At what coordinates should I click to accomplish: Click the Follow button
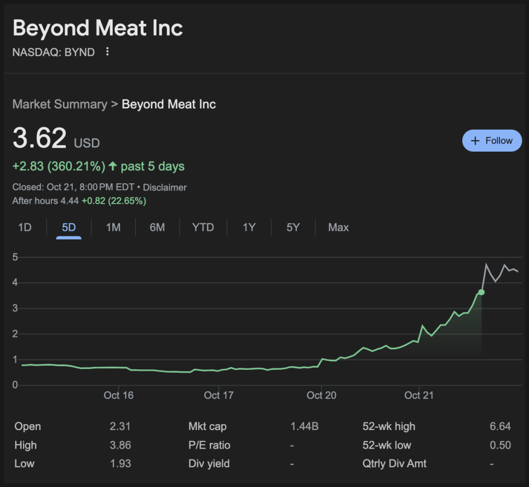pos(492,141)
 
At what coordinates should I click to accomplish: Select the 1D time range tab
pos(25,227)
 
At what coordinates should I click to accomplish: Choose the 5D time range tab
pos(68,227)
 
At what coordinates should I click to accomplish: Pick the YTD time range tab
pos(203,227)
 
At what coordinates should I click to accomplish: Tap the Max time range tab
pos(338,227)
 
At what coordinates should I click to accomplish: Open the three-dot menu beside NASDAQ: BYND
pos(107,52)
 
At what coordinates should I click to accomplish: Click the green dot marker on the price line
pos(481,292)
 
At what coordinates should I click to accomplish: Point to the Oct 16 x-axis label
pos(118,395)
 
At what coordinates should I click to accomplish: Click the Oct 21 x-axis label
pos(419,395)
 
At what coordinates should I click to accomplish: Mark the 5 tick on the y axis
pos(15,257)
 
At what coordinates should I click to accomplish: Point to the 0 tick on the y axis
pos(15,385)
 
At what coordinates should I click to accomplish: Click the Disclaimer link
pos(165,187)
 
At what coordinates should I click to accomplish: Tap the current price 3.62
pos(39,138)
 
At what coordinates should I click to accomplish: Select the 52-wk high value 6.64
pos(500,426)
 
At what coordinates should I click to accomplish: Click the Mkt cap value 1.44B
pos(304,426)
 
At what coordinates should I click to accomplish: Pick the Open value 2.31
pos(120,426)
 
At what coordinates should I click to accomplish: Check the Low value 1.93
pos(120,463)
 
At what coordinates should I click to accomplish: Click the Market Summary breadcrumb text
pos(60,104)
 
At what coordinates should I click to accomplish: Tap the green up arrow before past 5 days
pos(113,166)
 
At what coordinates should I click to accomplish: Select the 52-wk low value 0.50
pos(500,445)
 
